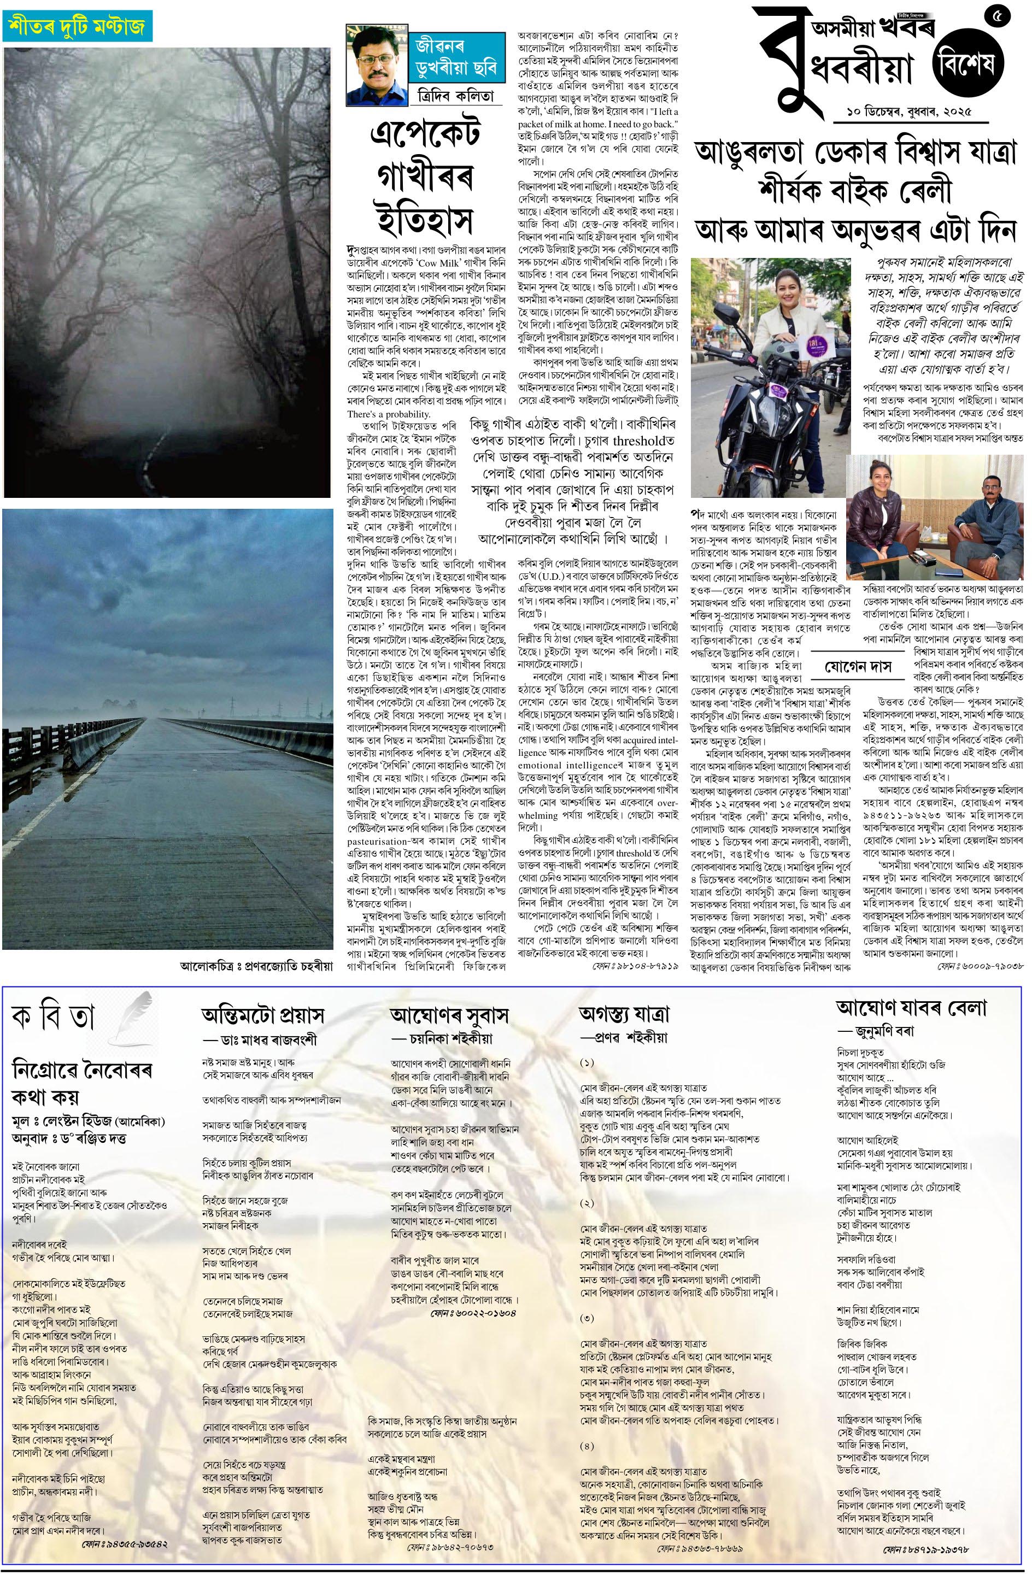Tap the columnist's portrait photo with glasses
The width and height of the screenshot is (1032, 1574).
point(375,65)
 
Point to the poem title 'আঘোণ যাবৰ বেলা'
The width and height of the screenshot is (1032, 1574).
point(912,1008)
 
